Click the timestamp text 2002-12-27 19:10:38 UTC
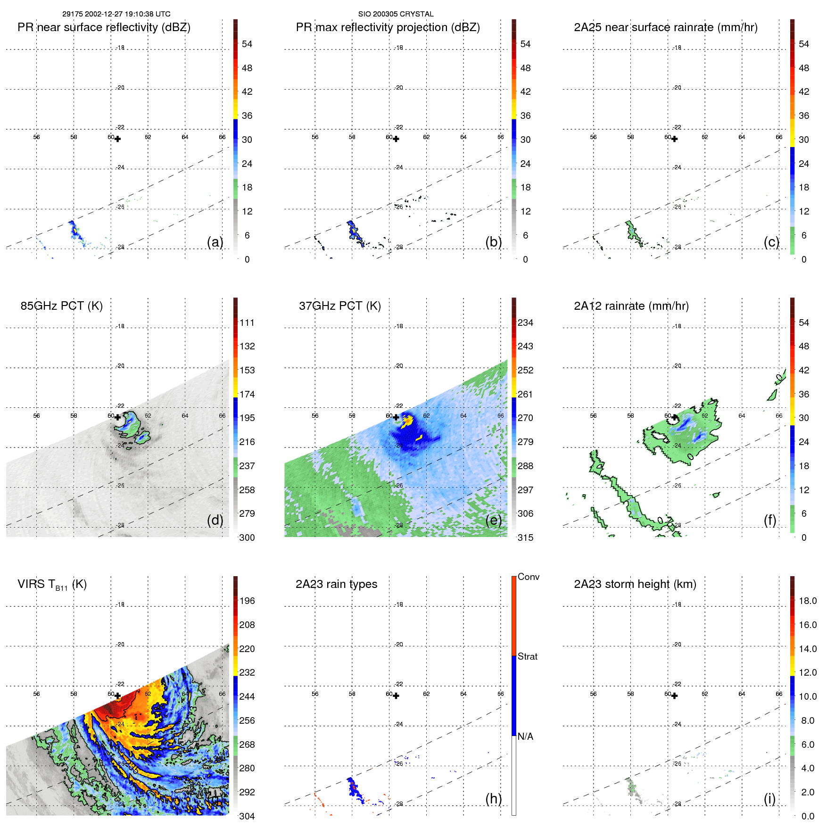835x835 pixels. [127, 14]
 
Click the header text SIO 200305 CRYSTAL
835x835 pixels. [396, 14]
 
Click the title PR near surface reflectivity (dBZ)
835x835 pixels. [104, 27]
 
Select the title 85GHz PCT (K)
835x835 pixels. [61, 306]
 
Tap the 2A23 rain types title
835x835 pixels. [336, 584]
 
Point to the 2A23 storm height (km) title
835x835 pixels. [635, 584]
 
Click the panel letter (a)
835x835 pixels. [215, 242]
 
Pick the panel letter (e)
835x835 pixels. [493, 520]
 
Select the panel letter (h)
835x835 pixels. [493, 799]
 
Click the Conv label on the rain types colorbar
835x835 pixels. [528, 577]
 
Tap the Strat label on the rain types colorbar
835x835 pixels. [527, 656]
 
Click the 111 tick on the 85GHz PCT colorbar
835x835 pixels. [247, 322]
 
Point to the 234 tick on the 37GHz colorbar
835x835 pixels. [525, 322]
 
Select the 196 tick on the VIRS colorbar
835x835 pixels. [247, 601]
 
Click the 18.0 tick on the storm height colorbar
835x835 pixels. [808, 601]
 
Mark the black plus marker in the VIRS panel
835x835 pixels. [117, 696]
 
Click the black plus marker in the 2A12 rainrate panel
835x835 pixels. [674, 417]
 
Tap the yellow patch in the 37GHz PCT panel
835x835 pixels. [406, 422]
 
